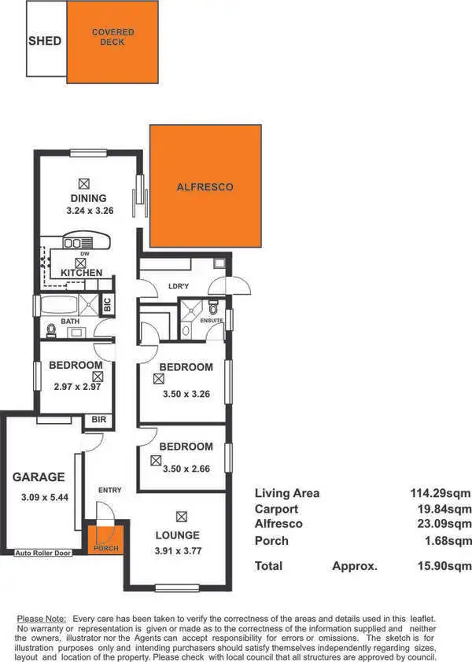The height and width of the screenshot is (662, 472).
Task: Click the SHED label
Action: tap(44, 40)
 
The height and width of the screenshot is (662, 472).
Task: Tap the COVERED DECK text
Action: tap(112, 37)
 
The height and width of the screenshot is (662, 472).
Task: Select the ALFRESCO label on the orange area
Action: tap(205, 187)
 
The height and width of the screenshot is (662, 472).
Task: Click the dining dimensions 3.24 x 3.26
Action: tap(88, 211)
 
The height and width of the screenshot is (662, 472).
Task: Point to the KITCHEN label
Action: tap(82, 272)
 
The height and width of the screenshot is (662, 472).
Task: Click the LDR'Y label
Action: tap(179, 286)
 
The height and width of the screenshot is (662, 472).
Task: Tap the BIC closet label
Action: tap(108, 305)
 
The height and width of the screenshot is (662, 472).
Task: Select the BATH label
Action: tap(71, 322)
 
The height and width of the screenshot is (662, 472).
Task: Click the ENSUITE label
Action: tap(212, 321)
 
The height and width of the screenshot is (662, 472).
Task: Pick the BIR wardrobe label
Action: tap(98, 421)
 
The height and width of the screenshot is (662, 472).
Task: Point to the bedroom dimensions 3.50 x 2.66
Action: tap(186, 469)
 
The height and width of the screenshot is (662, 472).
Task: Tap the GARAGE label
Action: tap(38, 476)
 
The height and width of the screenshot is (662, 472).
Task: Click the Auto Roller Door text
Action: tap(43, 554)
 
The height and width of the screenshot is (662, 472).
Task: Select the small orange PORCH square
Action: tap(103, 541)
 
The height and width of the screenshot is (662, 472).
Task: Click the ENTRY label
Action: tap(110, 491)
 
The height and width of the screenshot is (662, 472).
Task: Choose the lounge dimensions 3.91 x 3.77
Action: tap(182, 550)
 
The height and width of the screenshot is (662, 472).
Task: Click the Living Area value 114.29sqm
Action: tap(440, 494)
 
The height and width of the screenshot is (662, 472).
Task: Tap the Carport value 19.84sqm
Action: tap(443, 509)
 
